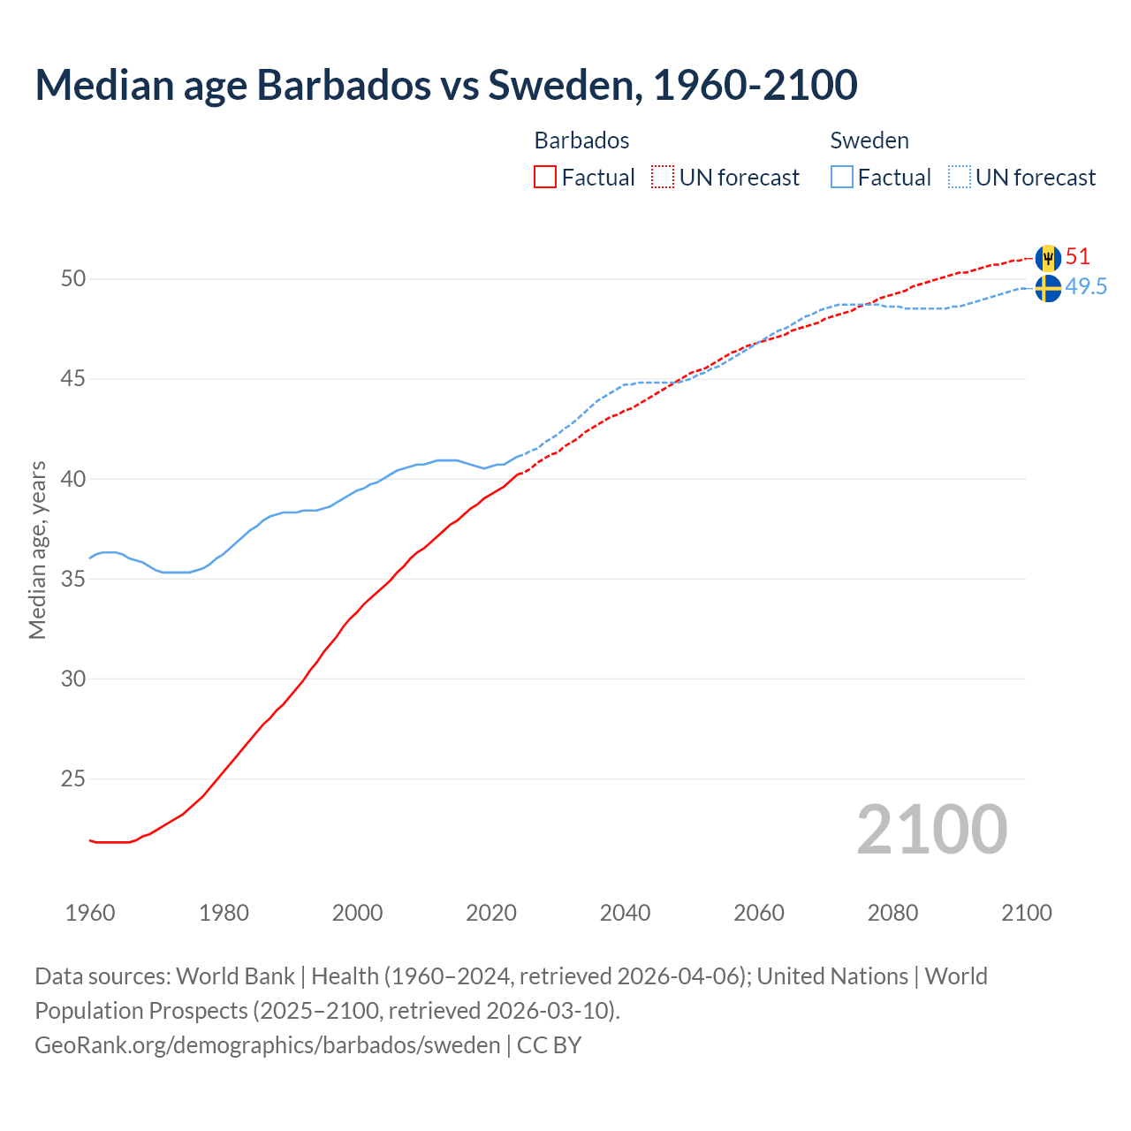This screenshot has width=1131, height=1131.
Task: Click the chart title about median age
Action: point(446,85)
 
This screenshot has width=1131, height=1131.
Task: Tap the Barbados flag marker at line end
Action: point(1048,258)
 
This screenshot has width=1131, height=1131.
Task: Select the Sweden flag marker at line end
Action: point(1048,288)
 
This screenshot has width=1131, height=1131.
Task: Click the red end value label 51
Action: point(1078,257)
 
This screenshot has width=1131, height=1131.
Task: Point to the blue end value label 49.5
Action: point(1086,287)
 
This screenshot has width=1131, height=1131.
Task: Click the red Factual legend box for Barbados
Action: point(545,178)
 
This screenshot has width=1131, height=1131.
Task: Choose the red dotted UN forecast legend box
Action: point(663,178)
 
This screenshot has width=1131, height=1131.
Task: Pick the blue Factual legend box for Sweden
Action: point(842,178)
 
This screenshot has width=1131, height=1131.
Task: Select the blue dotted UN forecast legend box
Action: point(960,178)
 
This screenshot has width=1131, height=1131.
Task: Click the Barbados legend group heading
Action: point(581,140)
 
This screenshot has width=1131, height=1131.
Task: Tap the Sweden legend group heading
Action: point(869,140)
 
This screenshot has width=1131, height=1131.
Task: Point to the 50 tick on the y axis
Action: point(73,279)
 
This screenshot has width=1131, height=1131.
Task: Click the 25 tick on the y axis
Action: point(73,779)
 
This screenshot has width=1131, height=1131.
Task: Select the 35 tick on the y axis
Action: point(73,580)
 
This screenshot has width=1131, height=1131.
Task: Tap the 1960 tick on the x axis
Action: point(90,913)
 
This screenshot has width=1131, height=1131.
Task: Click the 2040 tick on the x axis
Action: point(625,913)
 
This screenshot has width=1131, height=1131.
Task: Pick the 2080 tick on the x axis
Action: point(892,913)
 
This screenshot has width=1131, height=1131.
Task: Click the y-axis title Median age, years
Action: point(37,550)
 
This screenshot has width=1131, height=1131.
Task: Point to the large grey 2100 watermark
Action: point(932,830)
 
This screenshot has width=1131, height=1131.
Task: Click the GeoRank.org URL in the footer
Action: point(268,1045)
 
